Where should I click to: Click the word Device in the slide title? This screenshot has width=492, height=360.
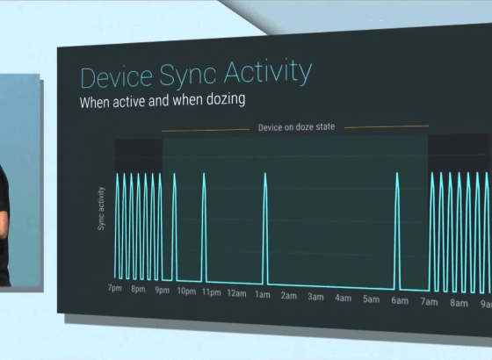pyautogui.click(x=116, y=76)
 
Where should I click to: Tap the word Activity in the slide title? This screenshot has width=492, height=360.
pyautogui.click(x=268, y=72)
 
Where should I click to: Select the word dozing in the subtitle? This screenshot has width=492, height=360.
pyautogui.click(x=226, y=100)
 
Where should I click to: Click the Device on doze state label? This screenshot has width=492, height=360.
pyautogui.click(x=297, y=127)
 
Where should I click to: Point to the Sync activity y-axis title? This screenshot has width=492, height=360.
pyautogui.click(x=101, y=209)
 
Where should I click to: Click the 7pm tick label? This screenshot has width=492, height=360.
pyautogui.click(x=115, y=288)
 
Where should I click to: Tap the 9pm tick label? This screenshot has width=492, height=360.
pyautogui.click(x=162, y=290)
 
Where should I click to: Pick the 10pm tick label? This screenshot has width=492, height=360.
pyautogui.click(x=186, y=292)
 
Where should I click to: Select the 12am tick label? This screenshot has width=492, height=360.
pyautogui.click(x=236, y=293)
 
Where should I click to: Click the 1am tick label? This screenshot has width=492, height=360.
pyautogui.click(x=263, y=295)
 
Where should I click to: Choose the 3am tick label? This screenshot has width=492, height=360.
pyautogui.click(x=315, y=297)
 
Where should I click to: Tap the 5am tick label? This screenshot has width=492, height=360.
pyautogui.click(x=371, y=299)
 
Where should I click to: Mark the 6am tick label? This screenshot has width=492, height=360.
pyautogui.click(x=400, y=300)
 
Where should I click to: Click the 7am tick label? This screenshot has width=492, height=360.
pyautogui.click(x=430, y=302)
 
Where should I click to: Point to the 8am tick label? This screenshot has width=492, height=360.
pyautogui.click(x=459, y=303)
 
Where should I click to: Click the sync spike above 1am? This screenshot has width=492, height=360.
pyautogui.click(x=265, y=228)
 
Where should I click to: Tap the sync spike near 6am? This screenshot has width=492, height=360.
pyautogui.click(x=397, y=231)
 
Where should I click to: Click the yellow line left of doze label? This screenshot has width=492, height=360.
pyautogui.click(x=206, y=130)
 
